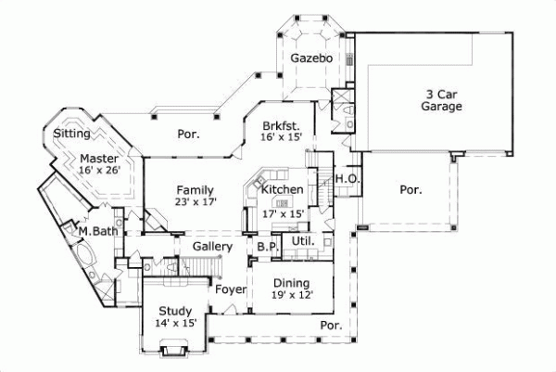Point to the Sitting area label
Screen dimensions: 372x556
(71, 134)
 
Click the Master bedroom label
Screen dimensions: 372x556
(97, 159)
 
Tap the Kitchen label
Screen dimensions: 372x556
(282, 190)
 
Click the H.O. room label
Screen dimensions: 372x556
(347, 179)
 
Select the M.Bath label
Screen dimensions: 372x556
(96, 231)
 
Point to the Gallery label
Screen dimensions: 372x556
(211, 246)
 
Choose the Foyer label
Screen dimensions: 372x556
(230, 289)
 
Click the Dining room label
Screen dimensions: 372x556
(290, 283)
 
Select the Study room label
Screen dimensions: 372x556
(174, 311)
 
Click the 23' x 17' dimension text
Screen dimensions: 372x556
(196, 202)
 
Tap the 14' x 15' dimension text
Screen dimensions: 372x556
(174, 324)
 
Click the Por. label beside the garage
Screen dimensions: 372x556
(410, 189)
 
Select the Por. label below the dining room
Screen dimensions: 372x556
(330, 326)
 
